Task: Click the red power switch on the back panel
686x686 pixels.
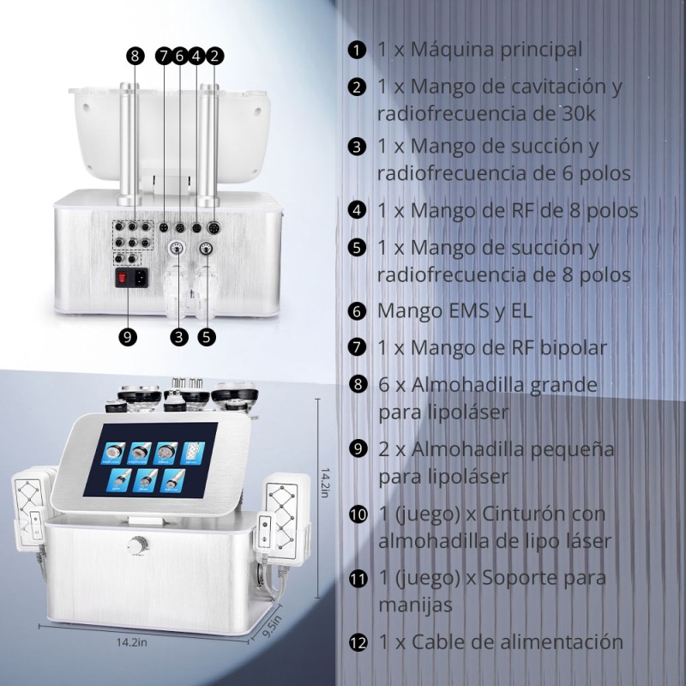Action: pos(123,277)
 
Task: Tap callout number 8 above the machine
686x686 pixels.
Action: pos(135,56)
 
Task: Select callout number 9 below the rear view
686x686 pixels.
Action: pos(128,337)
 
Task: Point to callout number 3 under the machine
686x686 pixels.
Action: pos(179,337)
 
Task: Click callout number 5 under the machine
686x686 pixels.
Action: pos(207,337)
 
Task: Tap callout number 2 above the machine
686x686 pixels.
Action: pos(214,56)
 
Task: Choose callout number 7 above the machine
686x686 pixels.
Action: pos(164,56)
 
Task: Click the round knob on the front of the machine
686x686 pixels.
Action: pos(137,545)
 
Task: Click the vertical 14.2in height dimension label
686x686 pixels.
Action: pos(325,483)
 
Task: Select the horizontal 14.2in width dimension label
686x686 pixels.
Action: pos(132,642)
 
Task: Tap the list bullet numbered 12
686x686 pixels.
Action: pos(358,642)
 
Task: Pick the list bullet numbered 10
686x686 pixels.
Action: pos(358,514)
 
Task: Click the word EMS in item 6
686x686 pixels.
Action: pos(463,311)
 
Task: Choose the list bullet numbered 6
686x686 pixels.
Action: pos(357,311)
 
